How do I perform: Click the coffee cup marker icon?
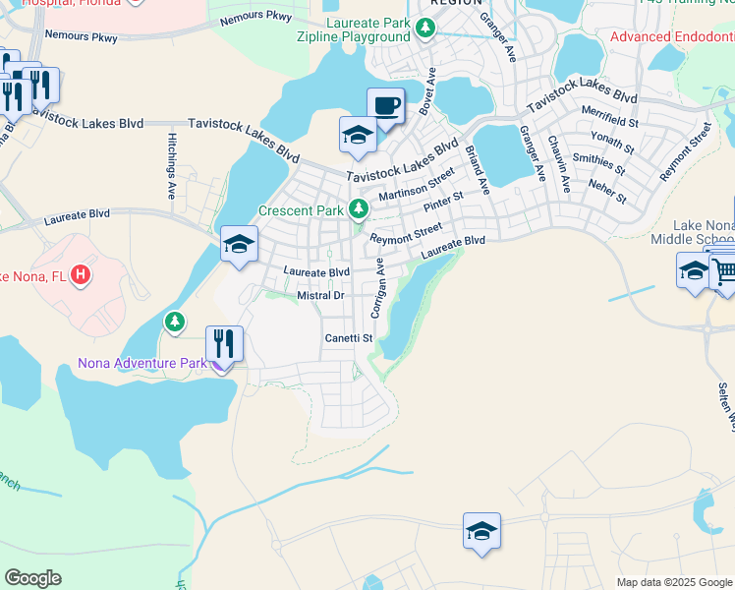pyautogui.click(x=386, y=105)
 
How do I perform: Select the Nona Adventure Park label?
pyautogui.click(x=143, y=364)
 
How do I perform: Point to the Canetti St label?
pyautogui.click(x=350, y=338)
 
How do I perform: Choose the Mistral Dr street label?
pyautogui.click(x=321, y=295)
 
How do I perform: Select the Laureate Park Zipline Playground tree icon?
pyautogui.click(x=424, y=29)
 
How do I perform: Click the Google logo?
pyautogui.click(x=32, y=577)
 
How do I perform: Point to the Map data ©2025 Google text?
pyautogui.click(x=673, y=582)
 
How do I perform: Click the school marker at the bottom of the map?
pyautogui.click(x=482, y=531)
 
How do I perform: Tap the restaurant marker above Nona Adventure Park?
pyautogui.click(x=224, y=344)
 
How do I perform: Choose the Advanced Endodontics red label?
pyautogui.click(x=672, y=37)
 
